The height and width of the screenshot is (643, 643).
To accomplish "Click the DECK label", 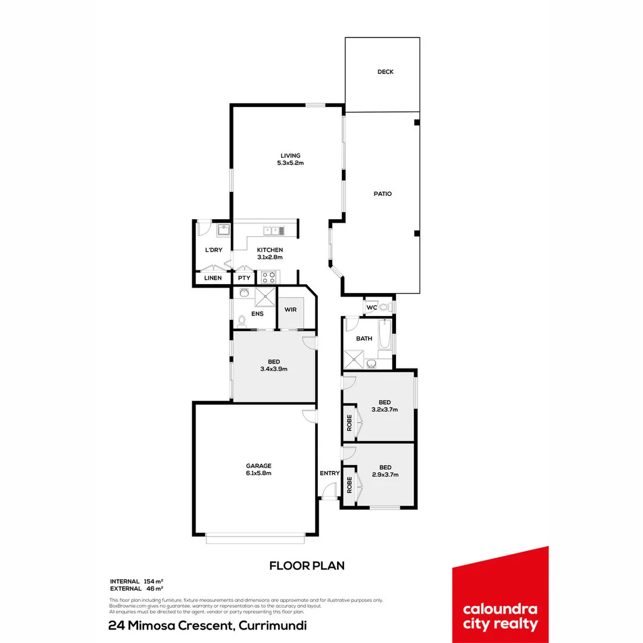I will tap(385, 72).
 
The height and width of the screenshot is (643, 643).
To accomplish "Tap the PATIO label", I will tap(383, 193).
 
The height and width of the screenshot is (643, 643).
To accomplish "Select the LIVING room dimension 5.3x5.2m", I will tap(291, 163).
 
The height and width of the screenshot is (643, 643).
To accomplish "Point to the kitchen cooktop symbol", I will tap(268, 277).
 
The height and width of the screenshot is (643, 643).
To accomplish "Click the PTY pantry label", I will tap(244, 278).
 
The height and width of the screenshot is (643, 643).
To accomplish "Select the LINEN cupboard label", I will tap(213, 278).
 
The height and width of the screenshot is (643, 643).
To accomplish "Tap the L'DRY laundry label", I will tap(213, 250).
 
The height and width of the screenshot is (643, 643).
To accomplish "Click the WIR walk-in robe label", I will tap(291, 310).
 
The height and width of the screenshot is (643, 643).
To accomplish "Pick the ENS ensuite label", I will tap(257, 313).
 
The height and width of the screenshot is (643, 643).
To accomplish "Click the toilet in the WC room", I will tap(384, 307).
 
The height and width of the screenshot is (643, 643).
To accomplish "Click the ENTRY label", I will tap(329, 473).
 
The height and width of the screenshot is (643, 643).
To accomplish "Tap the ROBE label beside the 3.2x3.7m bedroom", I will tap(349, 422).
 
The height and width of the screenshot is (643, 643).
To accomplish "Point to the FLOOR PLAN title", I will tap(307, 566).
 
